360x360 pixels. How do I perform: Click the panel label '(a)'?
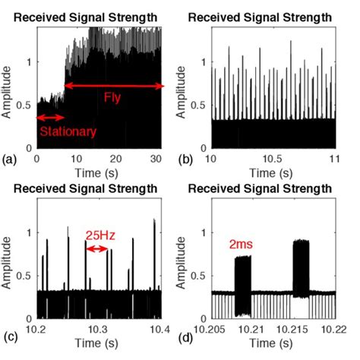click(x=10, y=159)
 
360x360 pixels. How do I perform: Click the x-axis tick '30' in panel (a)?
click(x=156, y=158)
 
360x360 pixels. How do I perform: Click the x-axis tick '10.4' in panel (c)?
click(x=160, y=329)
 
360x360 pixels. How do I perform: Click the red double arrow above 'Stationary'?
click(x=52, y=117)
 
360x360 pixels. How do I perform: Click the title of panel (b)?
click(x=270, y=14)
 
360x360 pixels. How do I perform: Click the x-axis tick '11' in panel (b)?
click(x=332, y=158)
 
